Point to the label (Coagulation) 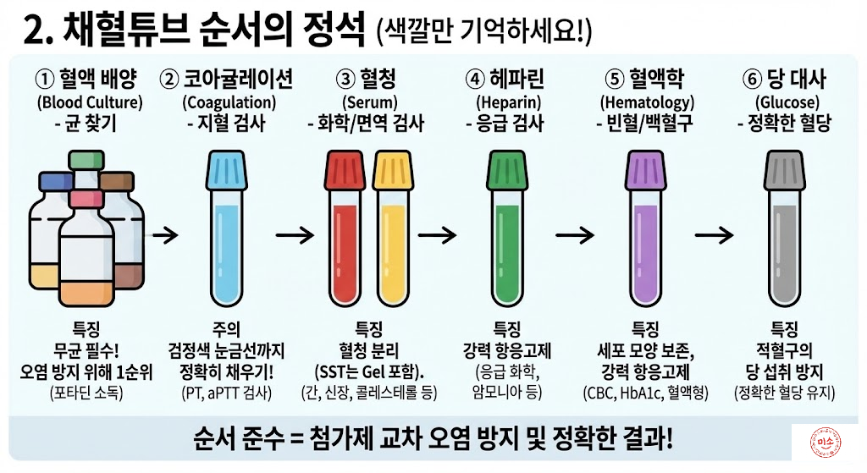226,103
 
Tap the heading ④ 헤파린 505,80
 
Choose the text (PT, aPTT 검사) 226,393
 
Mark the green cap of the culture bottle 86,160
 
